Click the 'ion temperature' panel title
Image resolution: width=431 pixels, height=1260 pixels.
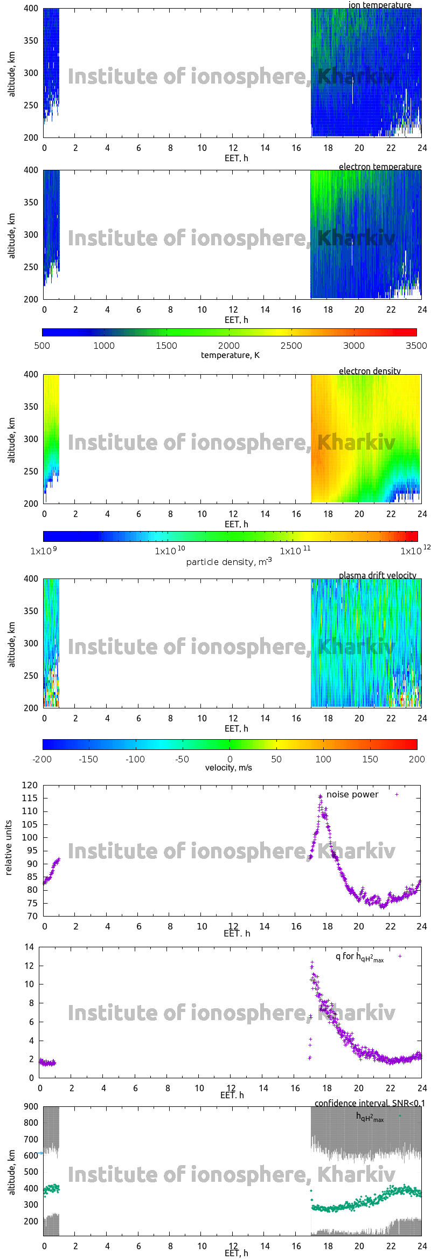pyautogui.click(x=379, y=5)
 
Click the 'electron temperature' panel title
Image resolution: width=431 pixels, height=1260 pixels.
pyautogui.click(x=380, y=167)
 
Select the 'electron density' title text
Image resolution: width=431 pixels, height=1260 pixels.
pyautogui.click(x=370, y=371)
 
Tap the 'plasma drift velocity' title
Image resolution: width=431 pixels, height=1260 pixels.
pyautogui.click(x=377, y=575)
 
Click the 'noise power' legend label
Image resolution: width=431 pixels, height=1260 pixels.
pyautogui.click(x=352, y=795)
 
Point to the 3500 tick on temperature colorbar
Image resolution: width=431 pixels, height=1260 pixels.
pyautogui.click(x=416, y=346)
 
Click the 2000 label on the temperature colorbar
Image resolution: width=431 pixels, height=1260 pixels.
pyautogui.click(x=229, y=346)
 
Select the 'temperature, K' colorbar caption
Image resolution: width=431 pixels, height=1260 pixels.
pyautogui.click(x=230, y=355)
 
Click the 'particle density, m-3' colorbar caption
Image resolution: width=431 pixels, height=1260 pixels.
pyautogui.click(x=229, y=562)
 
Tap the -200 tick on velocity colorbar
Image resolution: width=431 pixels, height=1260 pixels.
pyautogui.click(x=42, y=759)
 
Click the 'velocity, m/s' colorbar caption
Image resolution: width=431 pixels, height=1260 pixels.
pyautogui.click(x=228, y=768)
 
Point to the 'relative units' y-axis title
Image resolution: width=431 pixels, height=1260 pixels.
pyautogui.click(x=9, y=848)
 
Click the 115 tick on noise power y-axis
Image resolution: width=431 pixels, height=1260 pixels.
pyautogui.click(x=30, y=798)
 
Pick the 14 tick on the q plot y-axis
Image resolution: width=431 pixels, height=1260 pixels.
pyautogui.click(x=29, y=947)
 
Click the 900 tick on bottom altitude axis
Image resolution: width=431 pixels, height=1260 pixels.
pyautogui.click(x=31, y=1107)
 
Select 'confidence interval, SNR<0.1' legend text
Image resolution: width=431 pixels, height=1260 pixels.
pyautogui.click(x=370, y=1104)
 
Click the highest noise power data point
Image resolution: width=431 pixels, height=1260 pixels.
pyautogui.click(x=321, y=796)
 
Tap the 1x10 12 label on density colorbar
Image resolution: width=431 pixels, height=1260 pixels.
pyautogui.click(x=414, y=550)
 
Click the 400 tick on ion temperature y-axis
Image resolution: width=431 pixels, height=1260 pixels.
pyautogui.click(x=31, y=9)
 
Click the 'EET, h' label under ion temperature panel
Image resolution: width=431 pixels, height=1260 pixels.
pyautogui.click(x=236, y=158)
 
